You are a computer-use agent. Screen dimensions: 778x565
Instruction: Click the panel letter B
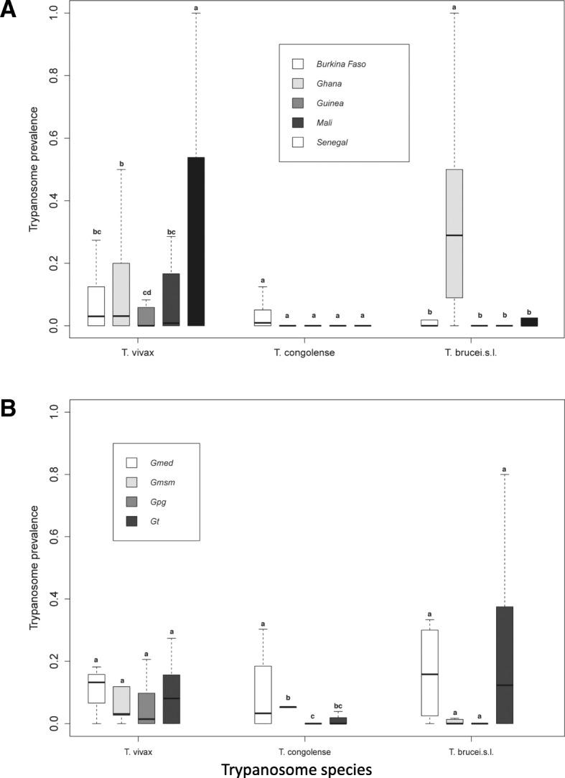[x=9, y=408]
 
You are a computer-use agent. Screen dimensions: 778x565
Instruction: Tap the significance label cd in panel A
[x=146, y=291]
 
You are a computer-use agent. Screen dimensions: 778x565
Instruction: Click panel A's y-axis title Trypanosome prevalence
[x=33, y=169]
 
